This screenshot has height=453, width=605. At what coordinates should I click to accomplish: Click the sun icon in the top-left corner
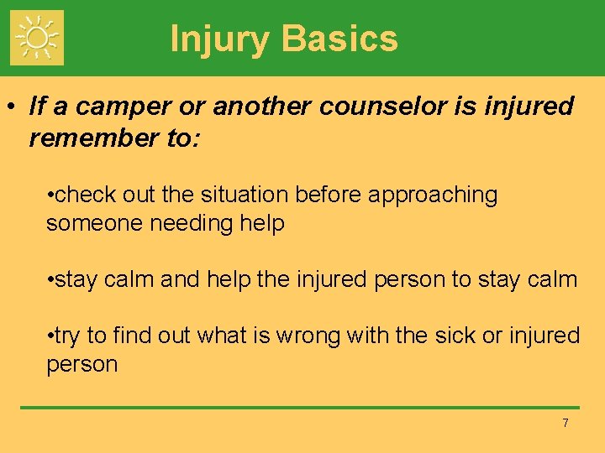[36, 38]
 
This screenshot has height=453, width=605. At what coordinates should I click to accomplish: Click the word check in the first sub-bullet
[83, 195]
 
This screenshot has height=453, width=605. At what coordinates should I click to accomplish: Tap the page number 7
[566, 423]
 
